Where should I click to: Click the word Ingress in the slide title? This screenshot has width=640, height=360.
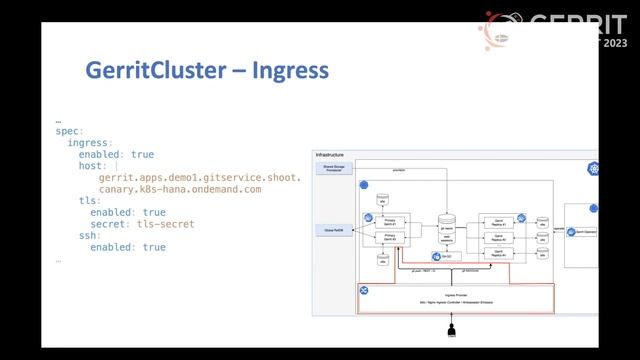291,72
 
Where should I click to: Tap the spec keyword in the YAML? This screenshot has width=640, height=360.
67,131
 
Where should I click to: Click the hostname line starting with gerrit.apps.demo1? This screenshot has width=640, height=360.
199,177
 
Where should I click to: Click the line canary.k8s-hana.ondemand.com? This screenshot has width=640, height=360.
180,189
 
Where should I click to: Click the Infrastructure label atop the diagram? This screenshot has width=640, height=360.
330,155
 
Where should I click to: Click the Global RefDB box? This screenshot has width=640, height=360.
332,230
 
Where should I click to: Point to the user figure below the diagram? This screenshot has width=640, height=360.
451,329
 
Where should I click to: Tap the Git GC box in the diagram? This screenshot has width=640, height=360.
448,256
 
